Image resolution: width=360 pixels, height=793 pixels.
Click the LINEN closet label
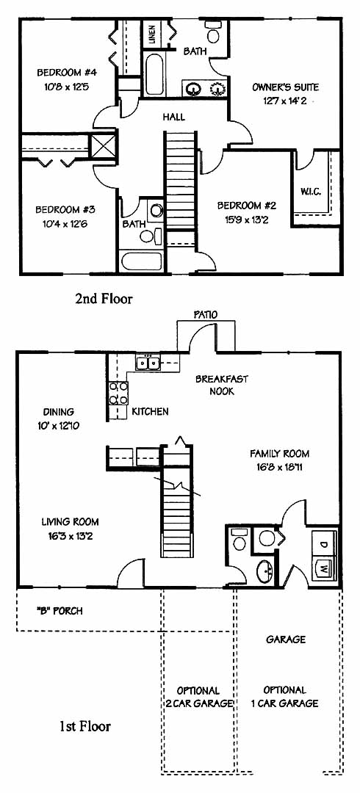(152, 34)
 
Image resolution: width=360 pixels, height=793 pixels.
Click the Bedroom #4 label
(67, 73)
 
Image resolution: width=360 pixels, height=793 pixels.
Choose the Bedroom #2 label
(248, 206)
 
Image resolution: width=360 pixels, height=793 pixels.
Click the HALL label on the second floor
(173, 117)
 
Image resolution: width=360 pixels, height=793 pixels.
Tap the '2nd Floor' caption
(104, 299)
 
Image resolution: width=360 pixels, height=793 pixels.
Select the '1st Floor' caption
(85, 727)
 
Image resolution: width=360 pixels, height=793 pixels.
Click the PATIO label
(206, 314)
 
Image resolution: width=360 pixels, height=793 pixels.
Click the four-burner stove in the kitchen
(118, 394)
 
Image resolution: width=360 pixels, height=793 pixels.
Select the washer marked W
(325, 568)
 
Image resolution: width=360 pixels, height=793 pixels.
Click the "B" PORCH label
(60, 611)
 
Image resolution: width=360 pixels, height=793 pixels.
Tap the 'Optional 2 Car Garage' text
(198, 697)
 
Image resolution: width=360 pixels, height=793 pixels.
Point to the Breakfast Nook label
(222, 385)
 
